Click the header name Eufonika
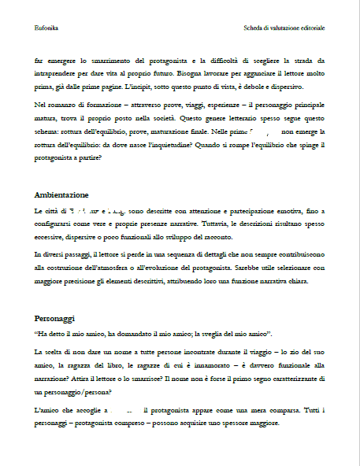click(46, 28)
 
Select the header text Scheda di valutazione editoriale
click(284, 28)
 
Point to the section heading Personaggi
click(54, 318)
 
